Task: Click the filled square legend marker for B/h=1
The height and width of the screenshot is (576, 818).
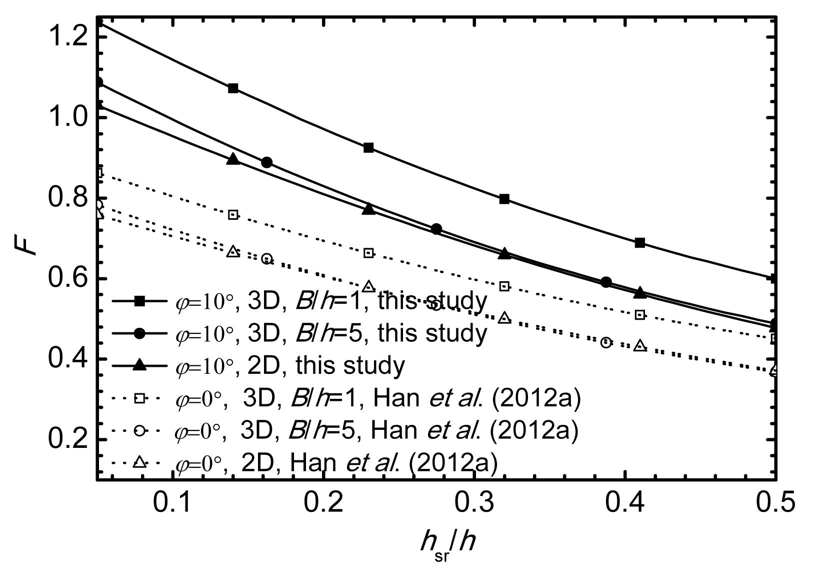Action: (139, 301)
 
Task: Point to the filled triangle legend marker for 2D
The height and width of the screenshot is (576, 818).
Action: (139, 365)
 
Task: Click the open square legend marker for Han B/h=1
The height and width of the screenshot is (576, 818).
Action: (139, 398)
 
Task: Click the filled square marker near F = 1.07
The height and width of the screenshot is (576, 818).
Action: (232, 88)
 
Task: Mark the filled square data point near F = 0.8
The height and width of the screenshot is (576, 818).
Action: (504, 199)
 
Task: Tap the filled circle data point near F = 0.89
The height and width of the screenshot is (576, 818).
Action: (266, 162)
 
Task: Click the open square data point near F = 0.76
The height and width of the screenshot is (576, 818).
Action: (232, 215)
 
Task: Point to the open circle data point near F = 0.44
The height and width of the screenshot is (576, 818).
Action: (606, 342)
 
